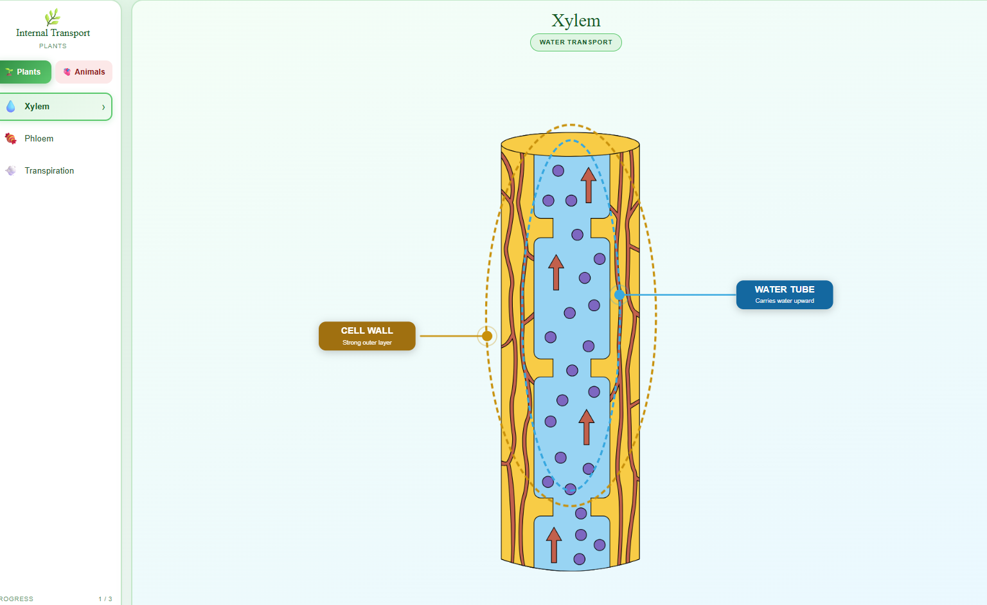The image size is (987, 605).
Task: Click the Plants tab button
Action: [x=26, y=72]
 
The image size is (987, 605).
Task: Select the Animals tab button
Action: [x=84, y=72]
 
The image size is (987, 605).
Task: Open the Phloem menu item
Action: [x=39, y=139]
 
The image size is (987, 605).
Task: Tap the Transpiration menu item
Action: [x=49, y=171]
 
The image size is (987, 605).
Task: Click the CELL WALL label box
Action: [x=367, y=336]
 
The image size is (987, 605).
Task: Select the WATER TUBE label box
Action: [x=784, y=294]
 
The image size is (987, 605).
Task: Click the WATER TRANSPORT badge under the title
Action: [x=576, y=42]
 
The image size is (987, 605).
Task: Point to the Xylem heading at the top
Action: [x=576, y=21]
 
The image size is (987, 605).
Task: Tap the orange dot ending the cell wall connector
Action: [x=487, y=336]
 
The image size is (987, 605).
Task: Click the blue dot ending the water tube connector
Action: [x=619, y=294]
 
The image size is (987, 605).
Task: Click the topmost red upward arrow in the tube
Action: [x=588, y=185]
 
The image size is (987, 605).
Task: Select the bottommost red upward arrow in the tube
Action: [x=554, y=544]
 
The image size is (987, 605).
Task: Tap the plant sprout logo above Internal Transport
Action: [x=53, y=17]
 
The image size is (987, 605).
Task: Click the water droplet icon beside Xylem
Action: [x=11, y=107]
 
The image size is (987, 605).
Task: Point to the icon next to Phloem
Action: [x=11, y=138]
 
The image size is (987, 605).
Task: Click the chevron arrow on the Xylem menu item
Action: [x=103, y=107]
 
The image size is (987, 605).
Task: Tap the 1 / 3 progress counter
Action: [x=105, y=599]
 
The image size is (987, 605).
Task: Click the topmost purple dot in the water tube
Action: [x=558, y=171]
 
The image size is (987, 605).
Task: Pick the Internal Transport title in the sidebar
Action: [x=53, y=33]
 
